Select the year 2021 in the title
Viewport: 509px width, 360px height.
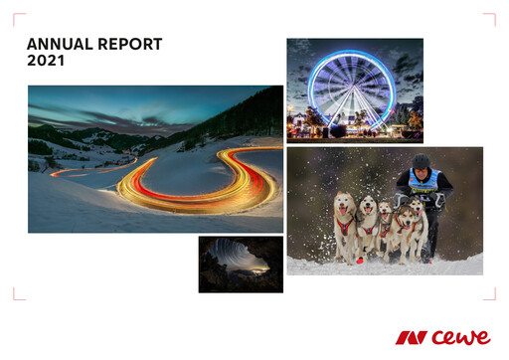click(45, 61)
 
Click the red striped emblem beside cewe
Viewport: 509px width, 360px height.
click(411, 338)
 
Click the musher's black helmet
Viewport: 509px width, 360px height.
click(422, 161)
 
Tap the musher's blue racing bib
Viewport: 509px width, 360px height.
click(424, 182)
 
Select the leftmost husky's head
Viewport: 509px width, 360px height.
click(344, 206)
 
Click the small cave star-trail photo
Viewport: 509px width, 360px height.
click(241, 264)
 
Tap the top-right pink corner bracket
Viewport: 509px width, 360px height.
click(489, 19)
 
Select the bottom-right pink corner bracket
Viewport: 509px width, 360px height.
click(489, 294)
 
